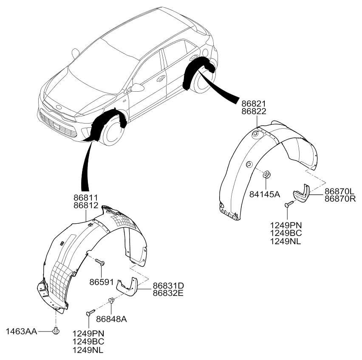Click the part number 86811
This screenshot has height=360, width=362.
click(86, 198)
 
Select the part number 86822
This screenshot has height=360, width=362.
click(254, 111)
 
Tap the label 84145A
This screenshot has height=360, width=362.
click(265, 194)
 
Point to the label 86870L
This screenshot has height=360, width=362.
click(339, 191)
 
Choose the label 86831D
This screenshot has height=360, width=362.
click(168, 286)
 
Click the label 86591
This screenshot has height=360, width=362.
click(102, 282)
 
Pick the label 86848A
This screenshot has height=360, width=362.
click(111, 319)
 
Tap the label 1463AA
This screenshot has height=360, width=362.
click(21, 332)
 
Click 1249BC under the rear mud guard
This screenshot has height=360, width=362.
click(286, 233)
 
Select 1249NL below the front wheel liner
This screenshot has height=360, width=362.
click(88, 350)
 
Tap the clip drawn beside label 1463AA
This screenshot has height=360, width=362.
click(56, 331)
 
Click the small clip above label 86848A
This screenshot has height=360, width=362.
click(111, 300)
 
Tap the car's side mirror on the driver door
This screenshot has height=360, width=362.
click(136, 87)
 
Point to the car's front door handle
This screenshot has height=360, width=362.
click(161, 79)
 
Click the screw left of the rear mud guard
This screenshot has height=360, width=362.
click(289, 204)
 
